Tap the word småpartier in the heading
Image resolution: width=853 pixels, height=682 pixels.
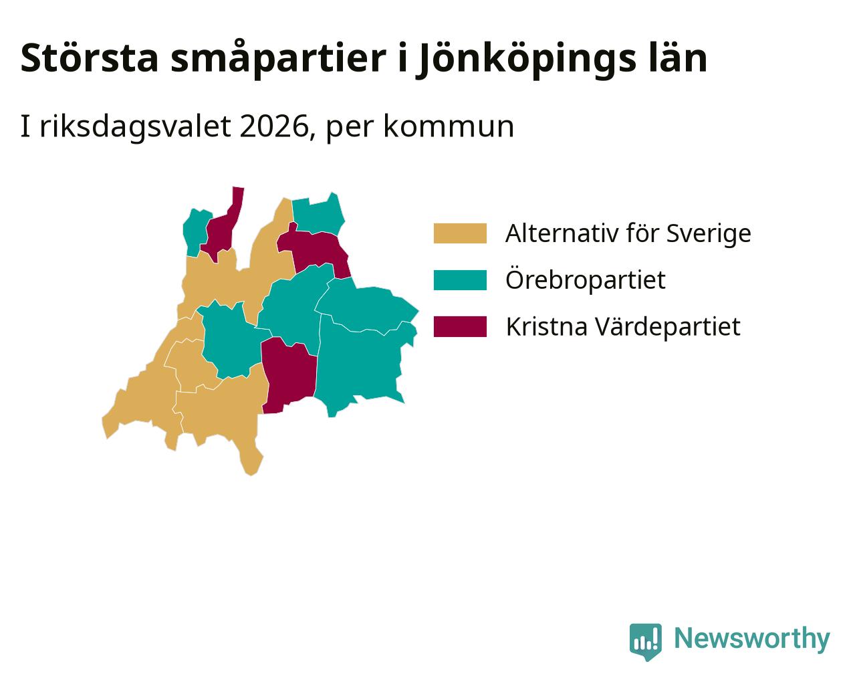278,59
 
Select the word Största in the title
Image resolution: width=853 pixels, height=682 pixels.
90,58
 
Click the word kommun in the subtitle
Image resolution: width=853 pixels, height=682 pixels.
449,127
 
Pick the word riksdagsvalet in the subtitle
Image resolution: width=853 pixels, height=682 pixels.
135,127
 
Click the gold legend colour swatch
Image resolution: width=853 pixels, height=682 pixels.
460,233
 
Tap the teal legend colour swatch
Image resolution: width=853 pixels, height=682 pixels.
460,280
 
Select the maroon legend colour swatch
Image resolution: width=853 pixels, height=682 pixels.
460,327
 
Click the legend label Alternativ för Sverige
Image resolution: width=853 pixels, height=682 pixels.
628,233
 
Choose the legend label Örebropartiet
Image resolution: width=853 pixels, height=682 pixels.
585,279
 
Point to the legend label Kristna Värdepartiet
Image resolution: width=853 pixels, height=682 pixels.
623,326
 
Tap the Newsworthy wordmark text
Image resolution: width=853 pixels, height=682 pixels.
752,639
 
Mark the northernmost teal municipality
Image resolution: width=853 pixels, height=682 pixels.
318,216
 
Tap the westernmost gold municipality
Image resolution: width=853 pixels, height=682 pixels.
146,396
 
